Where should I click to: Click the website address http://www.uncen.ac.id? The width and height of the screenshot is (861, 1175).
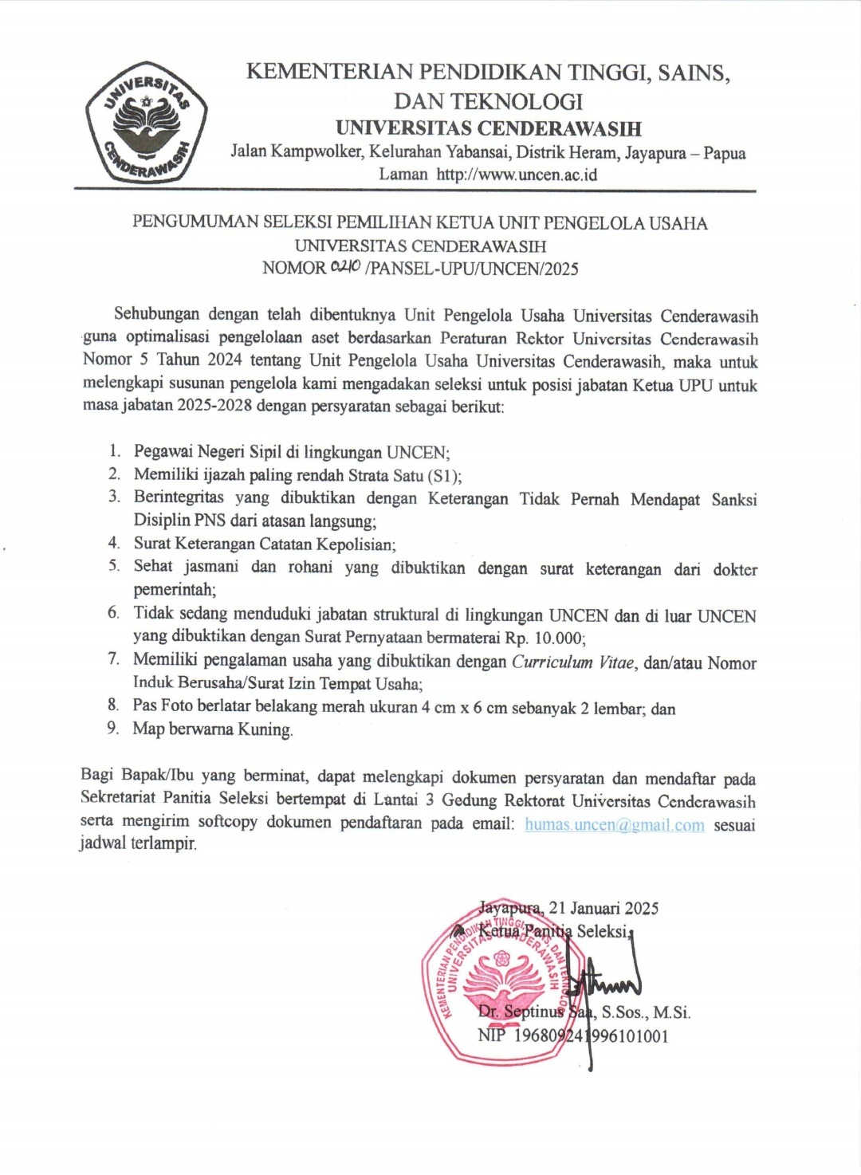[x=517, y=175]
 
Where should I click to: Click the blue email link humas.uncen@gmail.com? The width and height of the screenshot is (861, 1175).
[x=614, y=824]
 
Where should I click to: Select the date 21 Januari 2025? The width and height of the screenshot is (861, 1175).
[x=603, y=908]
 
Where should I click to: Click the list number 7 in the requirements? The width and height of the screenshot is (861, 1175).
[x=114, y=658]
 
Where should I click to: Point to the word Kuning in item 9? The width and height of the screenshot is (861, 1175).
[x=265, y=729]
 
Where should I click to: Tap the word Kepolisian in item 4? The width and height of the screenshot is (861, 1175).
[x=355, y=544]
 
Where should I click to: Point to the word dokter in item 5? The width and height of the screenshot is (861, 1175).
[x=735, y=569]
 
